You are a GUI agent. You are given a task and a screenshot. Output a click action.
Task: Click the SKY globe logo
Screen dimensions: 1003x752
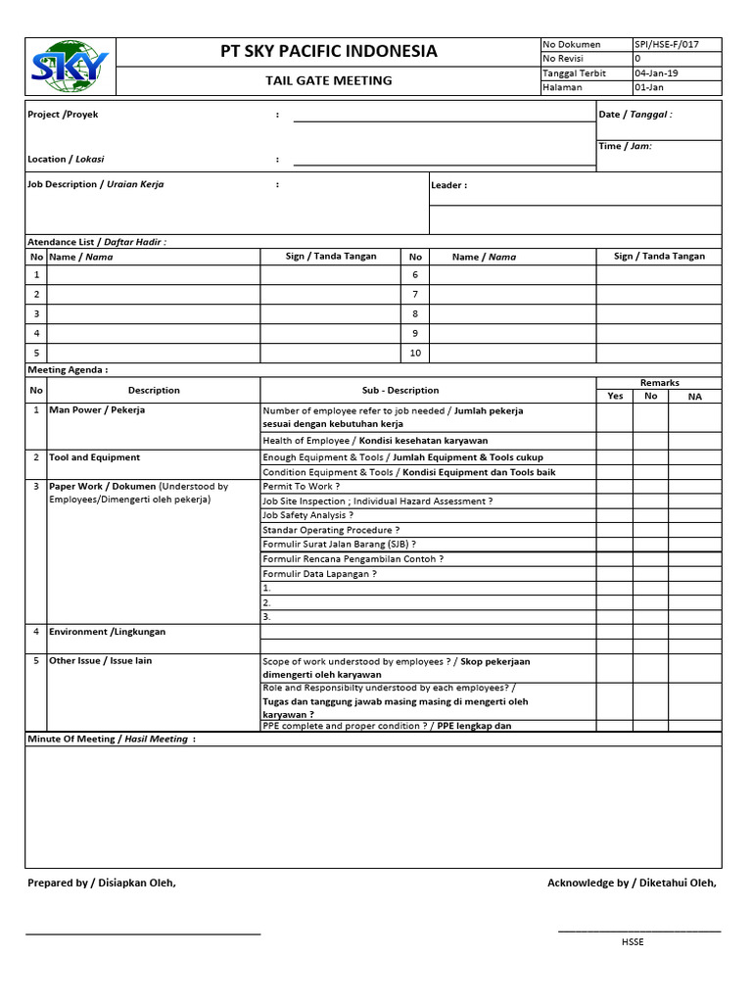coord(70,67)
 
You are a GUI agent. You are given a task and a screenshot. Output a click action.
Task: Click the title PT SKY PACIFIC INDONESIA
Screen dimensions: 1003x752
coord(329,51)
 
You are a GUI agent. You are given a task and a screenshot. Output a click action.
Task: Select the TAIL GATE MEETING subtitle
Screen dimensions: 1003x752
coord(329,80)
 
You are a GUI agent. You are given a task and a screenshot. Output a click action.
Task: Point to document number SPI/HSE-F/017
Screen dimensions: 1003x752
coord(667,45)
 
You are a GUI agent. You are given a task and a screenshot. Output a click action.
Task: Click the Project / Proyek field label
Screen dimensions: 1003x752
coord(64,115)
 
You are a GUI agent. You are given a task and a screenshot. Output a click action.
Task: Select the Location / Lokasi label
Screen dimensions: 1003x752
coord(67,159)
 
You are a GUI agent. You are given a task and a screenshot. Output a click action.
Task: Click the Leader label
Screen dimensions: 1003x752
coord(449,185)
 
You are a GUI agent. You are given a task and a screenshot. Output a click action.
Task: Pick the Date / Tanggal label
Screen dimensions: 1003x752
coord(634,115)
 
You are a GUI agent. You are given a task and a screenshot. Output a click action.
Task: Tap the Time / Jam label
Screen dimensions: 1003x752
coord(625,146)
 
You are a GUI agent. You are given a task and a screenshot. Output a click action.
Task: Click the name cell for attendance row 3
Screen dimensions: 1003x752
coord(154,314)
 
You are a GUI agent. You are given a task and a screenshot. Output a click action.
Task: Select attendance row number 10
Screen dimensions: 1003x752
coord(415,354)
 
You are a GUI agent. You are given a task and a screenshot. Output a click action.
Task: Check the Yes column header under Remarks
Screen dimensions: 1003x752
coord(615,396)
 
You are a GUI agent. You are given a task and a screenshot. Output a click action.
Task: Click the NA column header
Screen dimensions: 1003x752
coord(694,396)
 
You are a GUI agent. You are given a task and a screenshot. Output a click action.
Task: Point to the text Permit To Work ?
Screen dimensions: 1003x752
coord(302,487)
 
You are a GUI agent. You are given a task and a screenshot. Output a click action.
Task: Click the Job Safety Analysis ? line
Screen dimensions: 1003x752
coord(307,515)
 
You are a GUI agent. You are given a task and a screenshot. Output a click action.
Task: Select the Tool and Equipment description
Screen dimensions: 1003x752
coord(95,457)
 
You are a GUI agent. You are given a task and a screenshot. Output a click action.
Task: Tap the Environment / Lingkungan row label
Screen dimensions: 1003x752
coord(108,632)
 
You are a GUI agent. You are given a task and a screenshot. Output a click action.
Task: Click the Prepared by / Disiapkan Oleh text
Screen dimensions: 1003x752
coord(102,884)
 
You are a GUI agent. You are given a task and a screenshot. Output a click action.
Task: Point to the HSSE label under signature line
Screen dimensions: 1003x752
coord(633,942)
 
